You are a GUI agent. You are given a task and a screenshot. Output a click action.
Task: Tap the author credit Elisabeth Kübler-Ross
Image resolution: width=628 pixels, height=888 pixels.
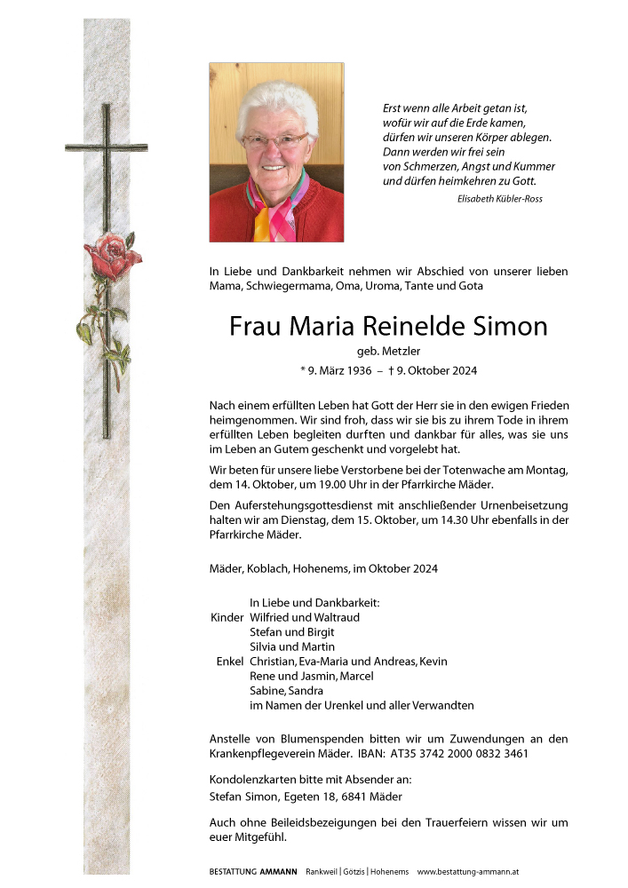(x=499, y=199)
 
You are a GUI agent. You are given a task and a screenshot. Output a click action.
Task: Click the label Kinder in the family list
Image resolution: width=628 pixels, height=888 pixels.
(x=226, y=617)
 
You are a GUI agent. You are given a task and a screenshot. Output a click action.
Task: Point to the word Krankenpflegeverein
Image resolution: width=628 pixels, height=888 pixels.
(x=264, y=754)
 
